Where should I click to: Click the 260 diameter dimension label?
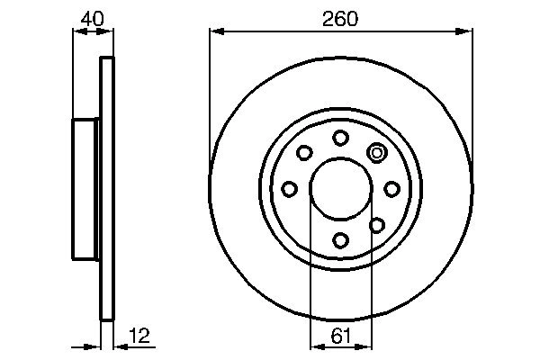click(340, 19)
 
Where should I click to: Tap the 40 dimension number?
click(91, 17)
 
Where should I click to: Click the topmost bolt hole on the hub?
click(340, 137)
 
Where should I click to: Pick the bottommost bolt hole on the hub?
click(340, 239)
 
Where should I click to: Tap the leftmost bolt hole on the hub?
click(289, 188)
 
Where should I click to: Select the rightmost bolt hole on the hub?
click(391, 188)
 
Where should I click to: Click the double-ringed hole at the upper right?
click(377, 152)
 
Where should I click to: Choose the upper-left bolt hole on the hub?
click(304, 152)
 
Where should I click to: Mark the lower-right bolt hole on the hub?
click(377, 224)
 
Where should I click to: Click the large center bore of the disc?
click(340, 188)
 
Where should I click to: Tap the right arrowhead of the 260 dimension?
click(467, 32)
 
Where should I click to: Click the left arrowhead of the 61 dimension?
click(315, 346)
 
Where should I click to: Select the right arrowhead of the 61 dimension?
click(365, 346)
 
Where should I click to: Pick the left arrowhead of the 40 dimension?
click(77, 32)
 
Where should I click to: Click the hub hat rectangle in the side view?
click(85, 188)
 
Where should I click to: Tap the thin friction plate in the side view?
click(107, 188)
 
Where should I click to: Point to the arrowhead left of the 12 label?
click(94, 346)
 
